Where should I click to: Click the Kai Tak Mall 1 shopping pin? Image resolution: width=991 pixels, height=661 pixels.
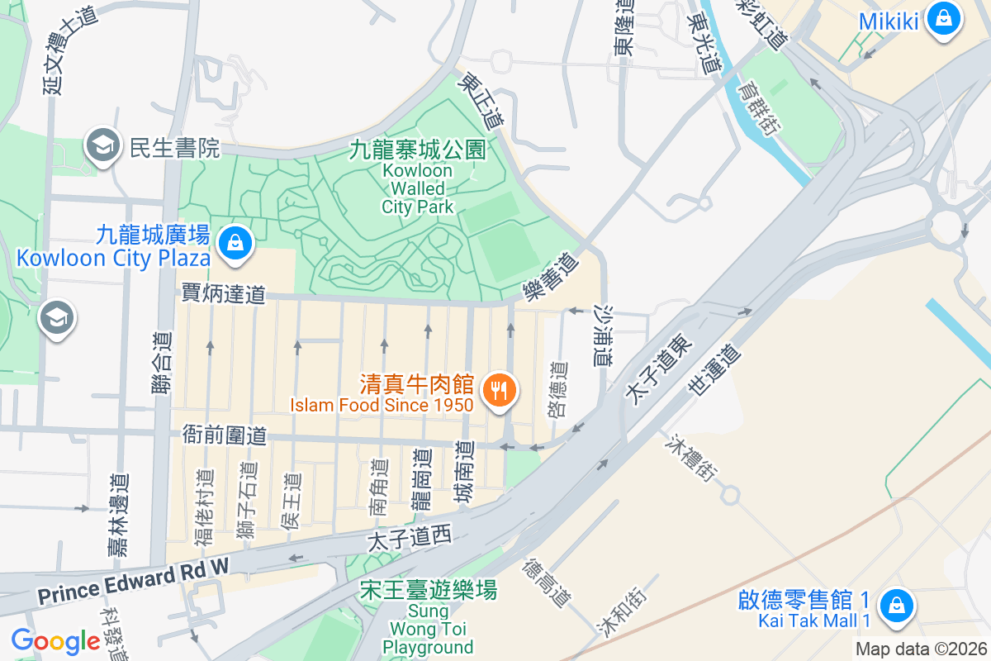[x=896, y=606]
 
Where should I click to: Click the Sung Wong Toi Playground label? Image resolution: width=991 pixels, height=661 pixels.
[x=428, y=618]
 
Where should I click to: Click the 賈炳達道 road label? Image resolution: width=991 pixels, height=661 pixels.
[x=224, y=292]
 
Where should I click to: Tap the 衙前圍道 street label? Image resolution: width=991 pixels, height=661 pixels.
[x=224, y=434]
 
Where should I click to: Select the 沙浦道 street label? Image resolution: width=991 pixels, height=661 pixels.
[x=604, y=335]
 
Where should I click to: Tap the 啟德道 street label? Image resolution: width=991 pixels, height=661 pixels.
[x=559, y=388]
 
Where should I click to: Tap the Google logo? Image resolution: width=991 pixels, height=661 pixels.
[x=55, y=641]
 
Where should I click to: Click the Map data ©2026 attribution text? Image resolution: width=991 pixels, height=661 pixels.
[x=921, y=649]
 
